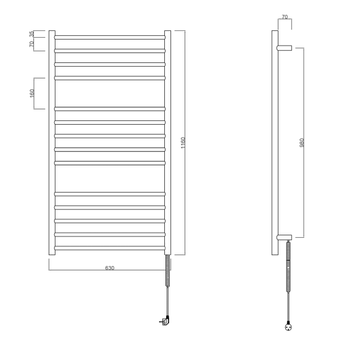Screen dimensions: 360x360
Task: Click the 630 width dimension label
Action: [110, 268]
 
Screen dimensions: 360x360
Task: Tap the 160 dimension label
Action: [32, 93]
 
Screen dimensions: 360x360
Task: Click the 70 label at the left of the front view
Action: [32, 45]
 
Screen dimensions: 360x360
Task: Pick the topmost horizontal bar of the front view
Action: [110, 36]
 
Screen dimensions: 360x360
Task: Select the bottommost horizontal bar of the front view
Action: [110, 248]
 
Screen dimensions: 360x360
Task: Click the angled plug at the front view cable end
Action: [165, 320]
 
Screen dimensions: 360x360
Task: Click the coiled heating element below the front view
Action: [167, 271]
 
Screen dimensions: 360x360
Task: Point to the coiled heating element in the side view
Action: [288, 266]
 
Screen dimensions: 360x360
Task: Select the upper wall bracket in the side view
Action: [284, 47]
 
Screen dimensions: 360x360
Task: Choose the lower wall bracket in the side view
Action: [284, 237]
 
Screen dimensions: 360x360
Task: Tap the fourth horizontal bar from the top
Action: [110, 78]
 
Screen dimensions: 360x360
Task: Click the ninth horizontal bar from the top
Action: [110, 163]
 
